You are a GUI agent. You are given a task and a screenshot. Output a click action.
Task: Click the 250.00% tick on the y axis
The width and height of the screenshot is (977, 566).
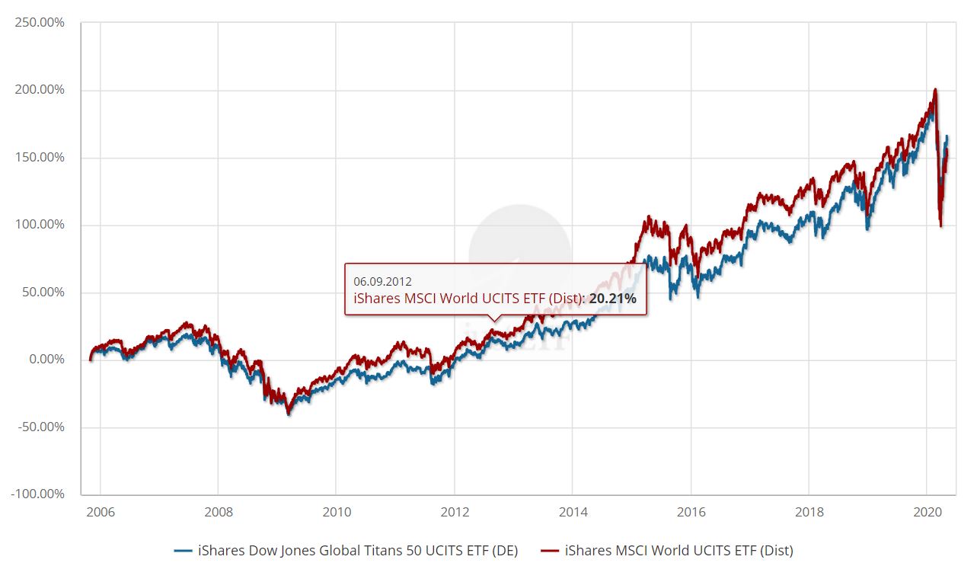[39, 23]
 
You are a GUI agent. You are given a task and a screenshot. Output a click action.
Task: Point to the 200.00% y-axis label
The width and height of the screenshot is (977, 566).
[39, 90]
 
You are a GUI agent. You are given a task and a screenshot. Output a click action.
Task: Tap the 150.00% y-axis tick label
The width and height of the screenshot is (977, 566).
[39, 158]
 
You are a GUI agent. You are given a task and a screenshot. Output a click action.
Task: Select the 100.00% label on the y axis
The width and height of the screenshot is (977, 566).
[39, 225]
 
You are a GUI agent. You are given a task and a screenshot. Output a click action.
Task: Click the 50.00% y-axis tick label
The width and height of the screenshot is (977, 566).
[42, 293]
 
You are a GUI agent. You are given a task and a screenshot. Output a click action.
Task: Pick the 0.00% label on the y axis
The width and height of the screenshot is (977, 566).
[45, 360]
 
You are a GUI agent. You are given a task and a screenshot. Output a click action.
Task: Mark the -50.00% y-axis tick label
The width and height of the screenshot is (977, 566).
[40, 427]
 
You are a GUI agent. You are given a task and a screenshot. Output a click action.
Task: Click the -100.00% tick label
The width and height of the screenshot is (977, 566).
[37, 494]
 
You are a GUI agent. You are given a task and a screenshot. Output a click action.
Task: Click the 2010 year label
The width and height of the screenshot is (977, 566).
[337, 511]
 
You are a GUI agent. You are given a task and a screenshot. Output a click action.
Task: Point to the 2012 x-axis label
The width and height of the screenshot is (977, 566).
[455, 511]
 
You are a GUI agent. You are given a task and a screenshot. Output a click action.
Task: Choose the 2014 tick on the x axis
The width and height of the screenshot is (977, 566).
[573, 511]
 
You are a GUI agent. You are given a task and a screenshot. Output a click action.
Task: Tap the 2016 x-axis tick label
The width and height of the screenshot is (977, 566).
[691, 511]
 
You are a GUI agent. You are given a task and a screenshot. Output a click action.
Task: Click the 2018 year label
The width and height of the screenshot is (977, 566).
[809, 511]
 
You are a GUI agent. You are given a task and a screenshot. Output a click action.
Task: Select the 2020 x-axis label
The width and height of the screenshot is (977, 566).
[927, 511]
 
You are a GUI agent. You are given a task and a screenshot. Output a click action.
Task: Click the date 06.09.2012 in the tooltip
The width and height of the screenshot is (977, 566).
[382, 281]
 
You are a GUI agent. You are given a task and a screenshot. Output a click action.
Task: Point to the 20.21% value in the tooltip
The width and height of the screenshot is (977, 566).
[612, 299]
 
